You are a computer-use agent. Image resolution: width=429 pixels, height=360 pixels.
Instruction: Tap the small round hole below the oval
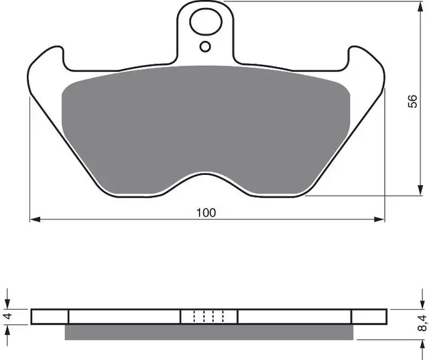point(205,46)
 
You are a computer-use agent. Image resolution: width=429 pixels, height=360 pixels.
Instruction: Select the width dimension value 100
point(206,213)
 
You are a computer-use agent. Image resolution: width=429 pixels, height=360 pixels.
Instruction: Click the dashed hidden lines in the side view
point(209,316)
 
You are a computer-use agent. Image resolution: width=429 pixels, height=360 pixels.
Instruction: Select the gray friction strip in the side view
point(208,332)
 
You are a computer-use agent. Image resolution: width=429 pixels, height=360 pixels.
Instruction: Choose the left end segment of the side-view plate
point(50,316)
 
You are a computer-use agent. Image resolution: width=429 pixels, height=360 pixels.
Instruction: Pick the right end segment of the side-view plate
point(369,316)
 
